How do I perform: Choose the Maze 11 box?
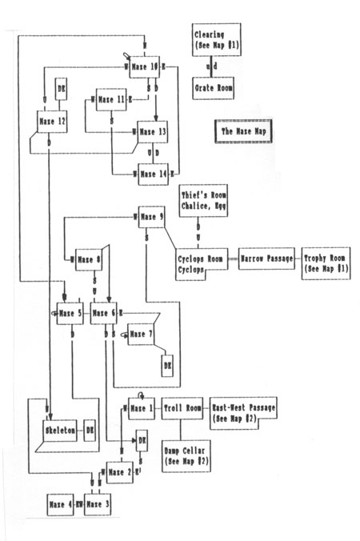(113, 99)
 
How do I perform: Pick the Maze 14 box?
(154, 173)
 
